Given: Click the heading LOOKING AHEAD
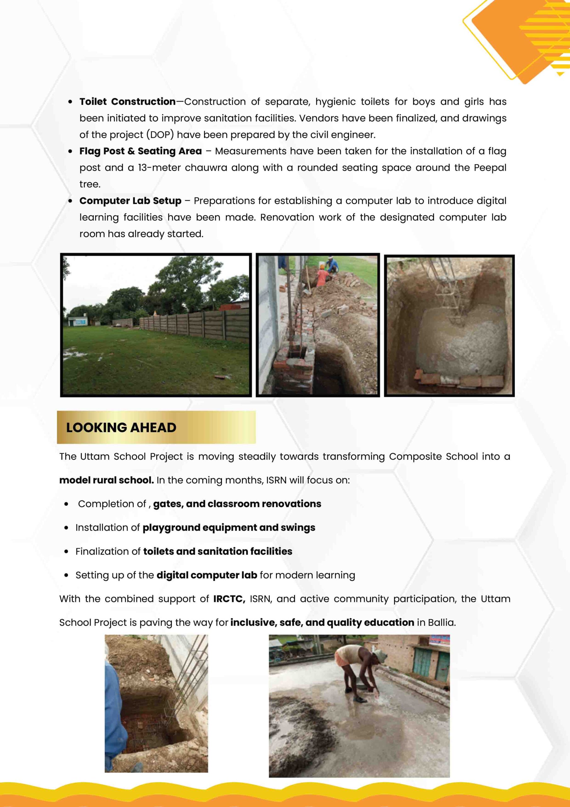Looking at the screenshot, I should pyautogui.click(x=121, y=427).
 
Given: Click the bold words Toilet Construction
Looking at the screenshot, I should pyautogui.click(x=128, y=102).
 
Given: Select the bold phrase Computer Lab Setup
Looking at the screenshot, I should pyautogui.click(x=130, y=201).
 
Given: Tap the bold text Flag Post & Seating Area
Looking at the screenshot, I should pyautogui.click(x=140, y=151).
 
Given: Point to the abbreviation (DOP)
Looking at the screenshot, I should pyautogui.click(x=160, y=135).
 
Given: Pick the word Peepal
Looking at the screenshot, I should pyautogui.click(x=490, y=168).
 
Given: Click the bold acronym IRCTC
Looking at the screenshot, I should pyautogui.click(x=229, y=599).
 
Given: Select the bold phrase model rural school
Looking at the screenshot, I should pyautogui.click(x=106, y=480).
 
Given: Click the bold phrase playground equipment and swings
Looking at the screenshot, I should pyautogui.click(x=229, y=528).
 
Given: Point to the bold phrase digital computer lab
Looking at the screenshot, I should pyautogui.click(x=207, y=575).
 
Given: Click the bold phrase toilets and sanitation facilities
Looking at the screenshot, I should pyautogui.click(x=217, y=551).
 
